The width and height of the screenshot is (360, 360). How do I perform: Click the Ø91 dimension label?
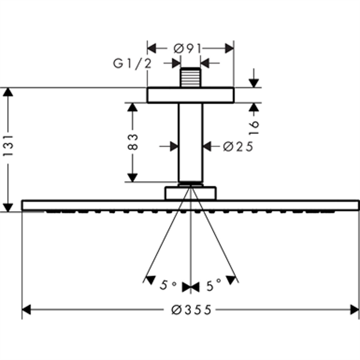coord(187,49)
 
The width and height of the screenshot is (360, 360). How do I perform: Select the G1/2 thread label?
coord(132,64)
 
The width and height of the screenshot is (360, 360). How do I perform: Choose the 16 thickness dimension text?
coord(254,126)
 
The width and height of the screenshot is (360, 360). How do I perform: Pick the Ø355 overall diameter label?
coord(191,309)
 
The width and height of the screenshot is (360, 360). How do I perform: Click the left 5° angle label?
coord(169,286)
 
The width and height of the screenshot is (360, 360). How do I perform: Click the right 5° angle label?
coord(213,286)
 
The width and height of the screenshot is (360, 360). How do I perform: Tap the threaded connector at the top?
coord(190,78)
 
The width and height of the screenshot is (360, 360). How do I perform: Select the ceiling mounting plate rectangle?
coord(190,95)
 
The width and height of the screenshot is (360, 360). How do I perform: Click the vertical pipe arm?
coord(190,142)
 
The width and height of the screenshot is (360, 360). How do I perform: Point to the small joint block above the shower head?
coord(190,193)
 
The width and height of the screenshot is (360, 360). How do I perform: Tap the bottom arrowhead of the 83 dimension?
coord(133,177)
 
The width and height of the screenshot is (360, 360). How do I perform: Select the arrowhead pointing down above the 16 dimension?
coord(254,83)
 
